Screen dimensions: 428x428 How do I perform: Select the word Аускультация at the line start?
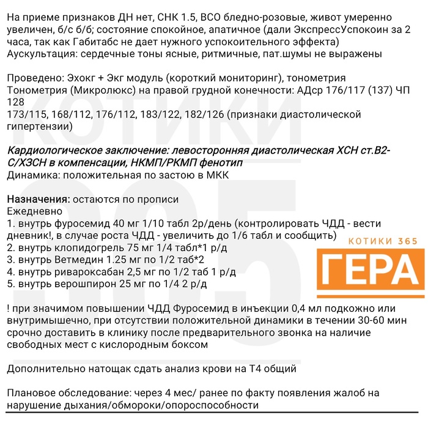point(39,54)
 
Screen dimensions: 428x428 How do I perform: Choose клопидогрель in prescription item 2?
point(87,247)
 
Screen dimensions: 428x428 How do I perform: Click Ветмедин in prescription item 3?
point(76,259)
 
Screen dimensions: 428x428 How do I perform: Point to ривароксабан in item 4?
point(92,271)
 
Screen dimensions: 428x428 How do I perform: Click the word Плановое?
point(31,392)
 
